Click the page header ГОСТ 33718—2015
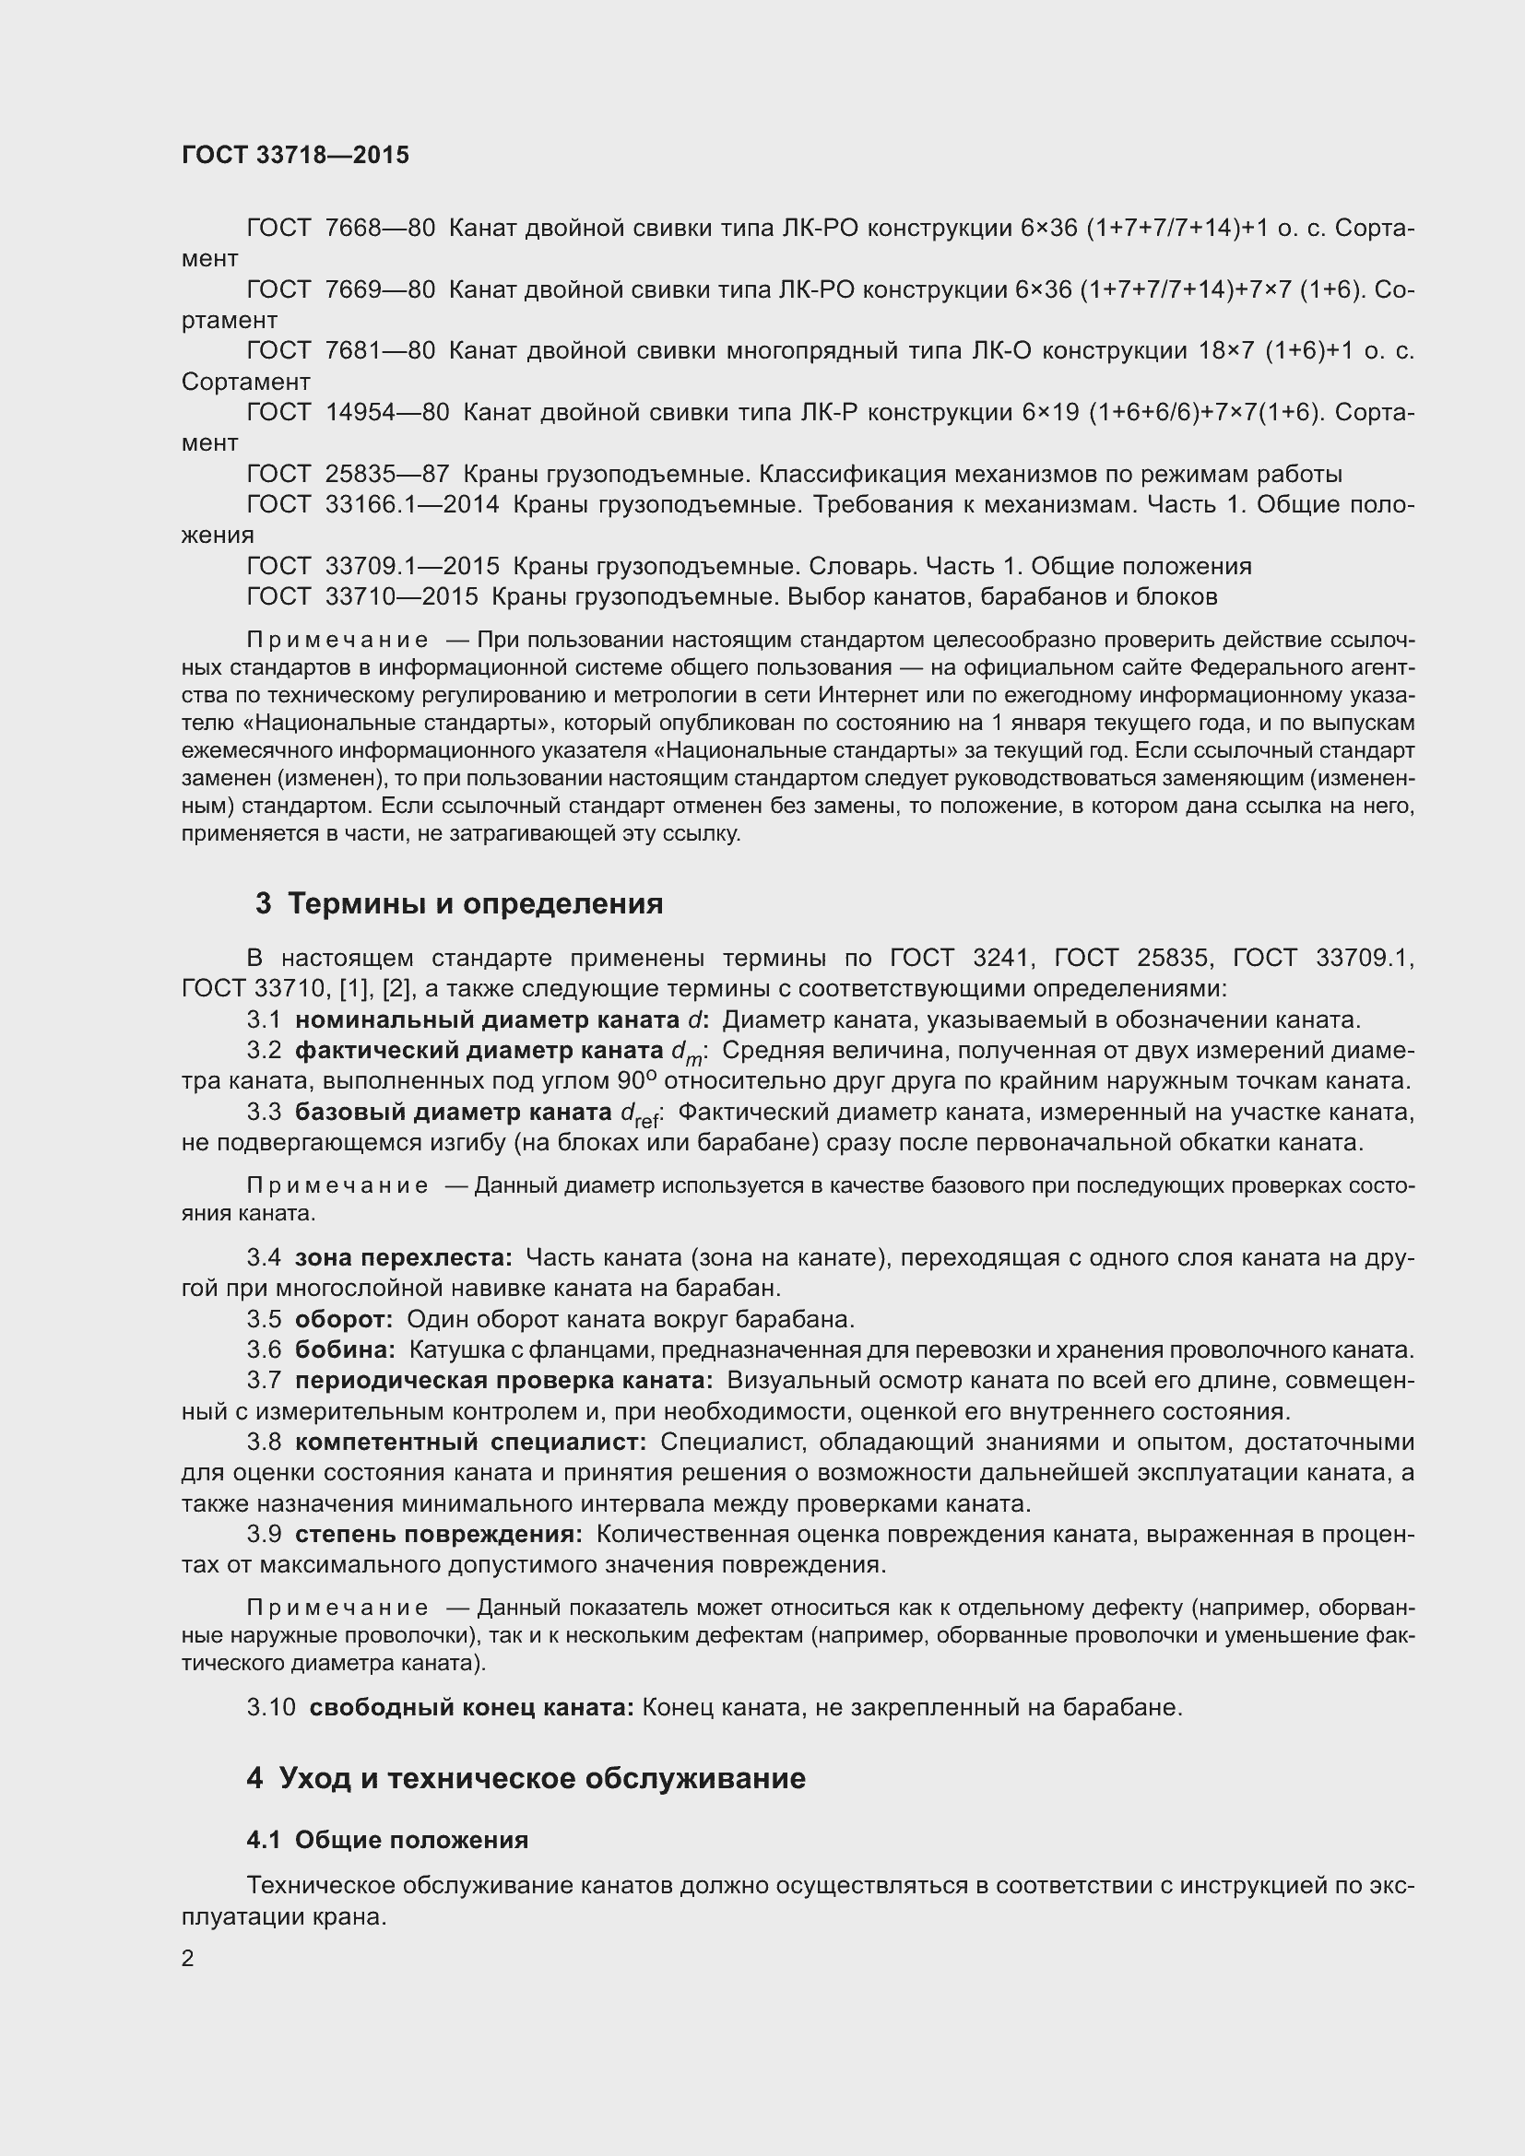(295, 155)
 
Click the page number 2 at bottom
(188, 1959)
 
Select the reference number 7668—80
(379, 229)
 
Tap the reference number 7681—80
(379, 351)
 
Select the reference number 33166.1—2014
(412, 505)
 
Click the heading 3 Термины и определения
(459, 904)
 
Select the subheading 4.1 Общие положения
(387, 1840)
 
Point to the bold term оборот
(344, 1319)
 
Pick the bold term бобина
(345, 1350)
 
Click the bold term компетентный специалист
(470, 1443)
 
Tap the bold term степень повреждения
(438, 1535)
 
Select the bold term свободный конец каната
(471, 1707)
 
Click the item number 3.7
(264, 1381)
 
